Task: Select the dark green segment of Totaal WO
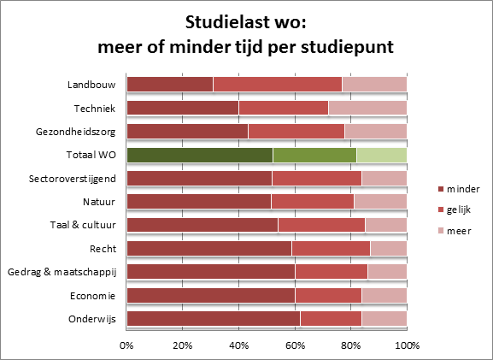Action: [x=199, y=155]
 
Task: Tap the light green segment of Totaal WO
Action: [x=381, y=155]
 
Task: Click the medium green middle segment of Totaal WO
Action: [x=314, y=155]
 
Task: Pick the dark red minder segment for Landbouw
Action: [x=169, y=85]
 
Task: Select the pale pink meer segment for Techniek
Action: [x=367, y=108]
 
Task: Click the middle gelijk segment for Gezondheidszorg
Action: [x=296, y=131]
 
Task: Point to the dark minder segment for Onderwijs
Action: [x=213, y=318]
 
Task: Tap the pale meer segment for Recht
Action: [x=388, y=248]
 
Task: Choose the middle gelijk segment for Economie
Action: [x=328, y=295]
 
